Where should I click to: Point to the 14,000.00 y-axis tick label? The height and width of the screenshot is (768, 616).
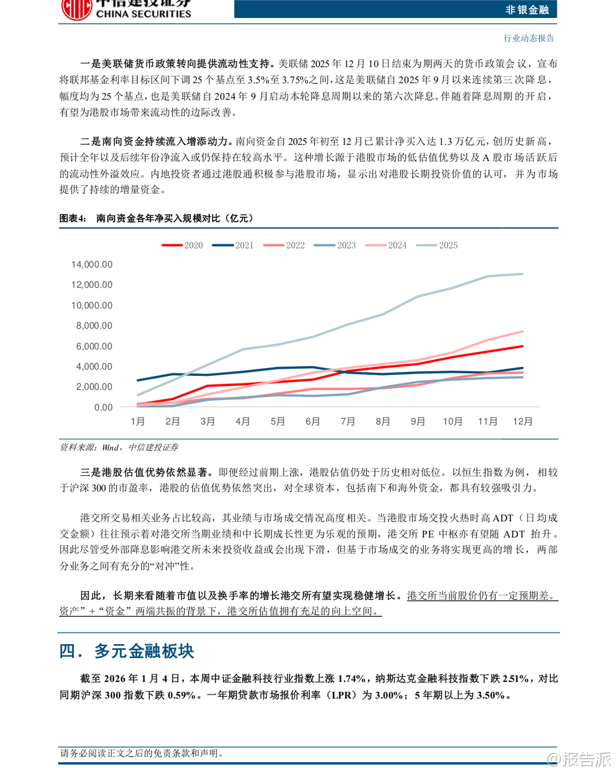coord(92,265)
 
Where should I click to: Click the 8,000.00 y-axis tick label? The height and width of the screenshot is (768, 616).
coord(94,326)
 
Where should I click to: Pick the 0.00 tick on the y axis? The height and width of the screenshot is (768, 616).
coord(103,407)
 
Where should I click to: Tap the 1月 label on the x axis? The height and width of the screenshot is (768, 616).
coord(138,421)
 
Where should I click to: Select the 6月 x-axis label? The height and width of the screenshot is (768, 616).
coord(313,421)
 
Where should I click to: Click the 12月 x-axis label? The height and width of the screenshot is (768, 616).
coord(522,421)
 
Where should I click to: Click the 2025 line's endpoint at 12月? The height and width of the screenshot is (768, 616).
coord(522,274)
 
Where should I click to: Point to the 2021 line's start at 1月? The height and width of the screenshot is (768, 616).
coord(138,381)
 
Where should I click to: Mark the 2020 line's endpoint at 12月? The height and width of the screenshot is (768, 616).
coord(522,346)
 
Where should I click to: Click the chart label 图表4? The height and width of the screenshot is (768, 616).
coord(73,218)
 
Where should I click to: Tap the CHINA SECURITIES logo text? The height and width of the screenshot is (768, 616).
coord(143,14)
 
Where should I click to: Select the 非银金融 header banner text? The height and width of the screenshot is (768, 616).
coord(527,9)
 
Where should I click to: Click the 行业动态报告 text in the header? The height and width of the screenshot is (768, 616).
coord(529,38)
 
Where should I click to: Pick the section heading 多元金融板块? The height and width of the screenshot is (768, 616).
coord(144,651)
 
